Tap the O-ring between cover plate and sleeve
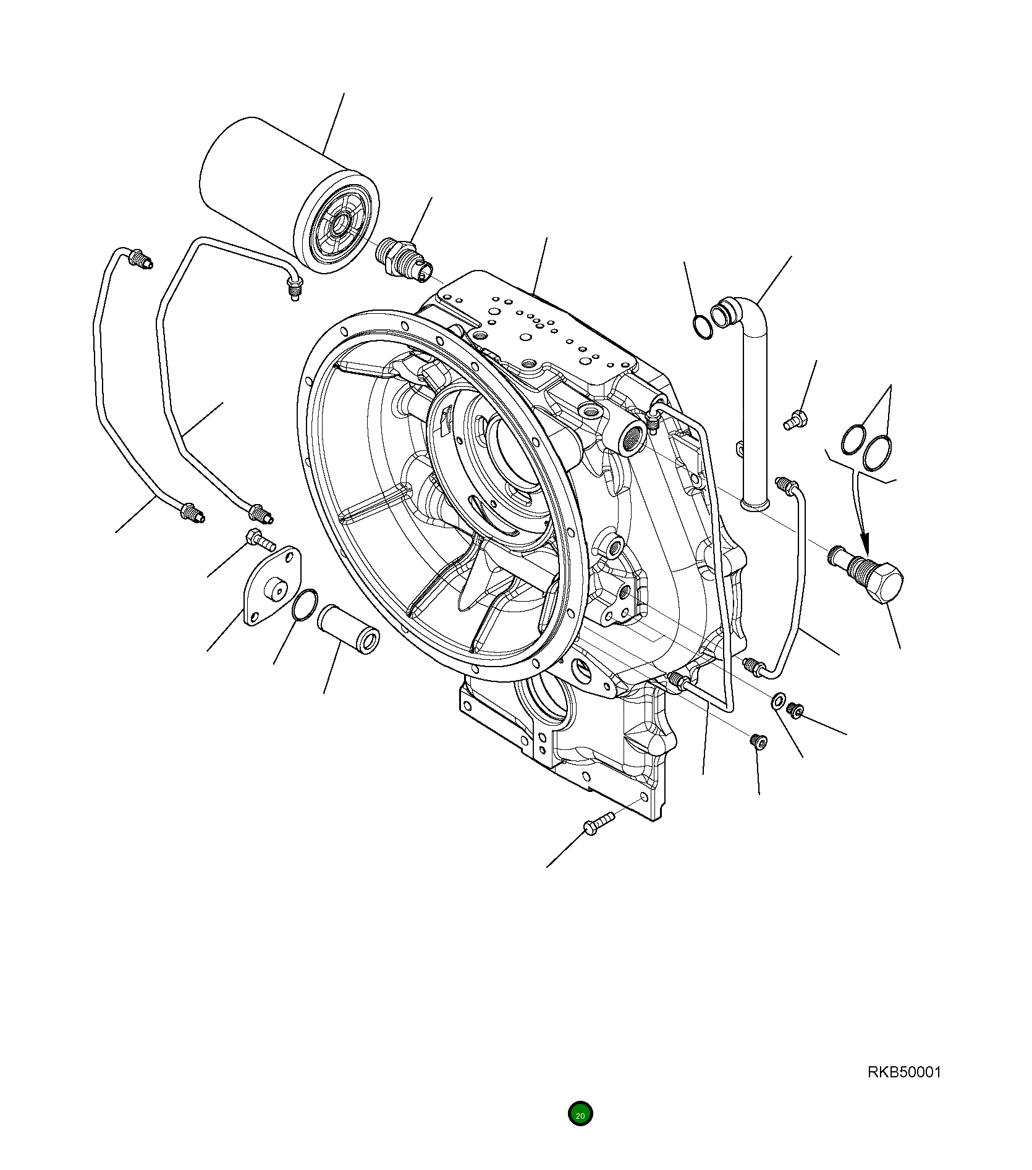[304, 604]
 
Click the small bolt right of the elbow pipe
[793, 421]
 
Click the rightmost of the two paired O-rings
[878, 452]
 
